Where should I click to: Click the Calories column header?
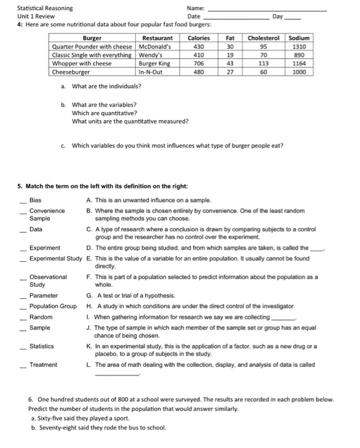pyautogui.click(x=198, y=38)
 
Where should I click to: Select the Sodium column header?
pyautogui.click(x=299, y=38)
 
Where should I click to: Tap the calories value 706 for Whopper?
pyautogui.click(x=198, y=63)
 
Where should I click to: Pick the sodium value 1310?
pyautogui.click(x=299, y=47)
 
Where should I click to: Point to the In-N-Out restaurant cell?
pyautogui.click(x=152, y=72)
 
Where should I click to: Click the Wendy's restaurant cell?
pyautogui.click(x=151, y=55)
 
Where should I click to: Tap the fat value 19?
pyautogui.click(x=229, y=55)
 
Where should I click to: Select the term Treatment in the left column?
pyautogui.click(x=43, y=364)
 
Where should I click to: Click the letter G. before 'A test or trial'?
pyautogui.click(x=88, y=295)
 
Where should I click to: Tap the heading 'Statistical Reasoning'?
pyautogui.click(x=45, y=8)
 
